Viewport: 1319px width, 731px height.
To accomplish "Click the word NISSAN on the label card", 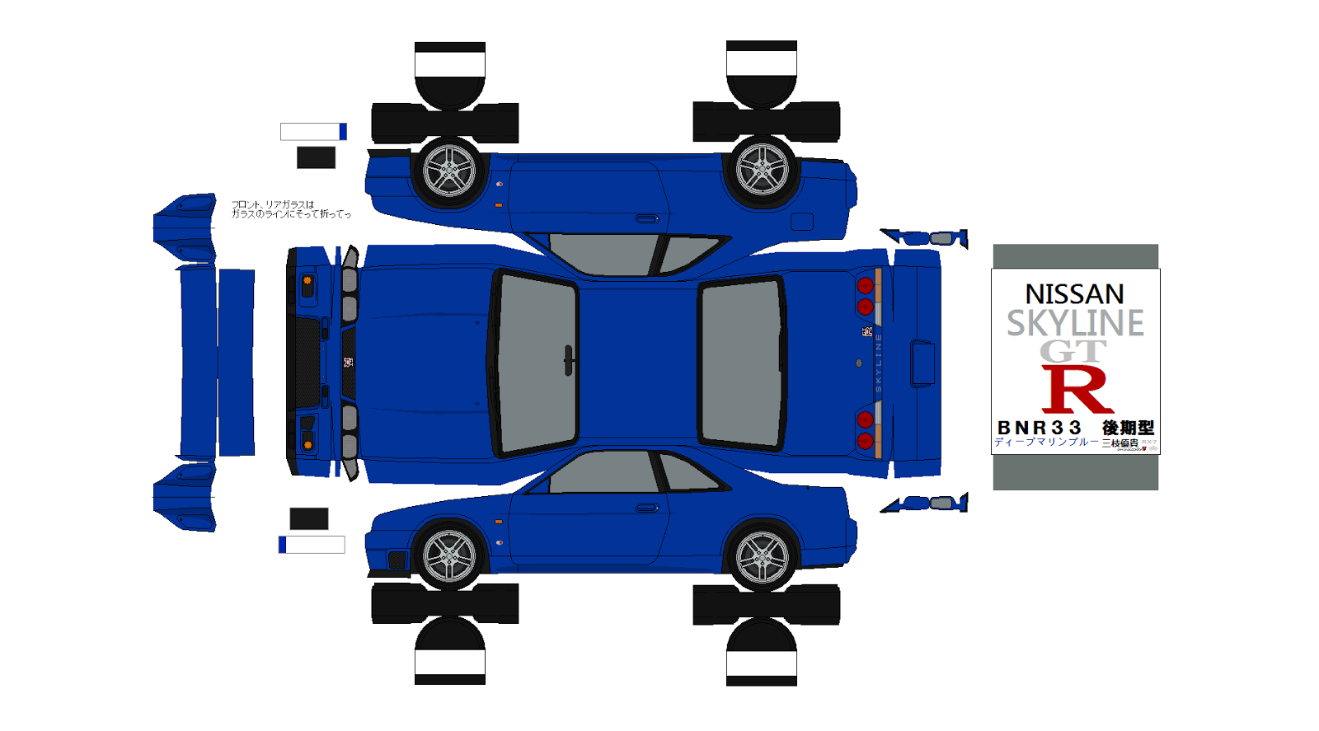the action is pos(1074,294).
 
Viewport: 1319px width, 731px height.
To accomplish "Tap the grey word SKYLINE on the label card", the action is pos(1075,323).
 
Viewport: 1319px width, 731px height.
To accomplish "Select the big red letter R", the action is pos(1077,389).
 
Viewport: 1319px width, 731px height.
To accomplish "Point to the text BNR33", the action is pos(1039,428).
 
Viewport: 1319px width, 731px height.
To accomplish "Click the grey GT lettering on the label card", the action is pos(1073,351).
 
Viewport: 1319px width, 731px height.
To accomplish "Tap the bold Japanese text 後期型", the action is pos(1128,428).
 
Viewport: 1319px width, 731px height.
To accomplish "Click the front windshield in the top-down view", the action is pos(535,363).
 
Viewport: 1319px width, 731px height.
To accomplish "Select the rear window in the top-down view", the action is pos(740,363).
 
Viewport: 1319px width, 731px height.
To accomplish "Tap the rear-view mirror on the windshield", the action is pos(568,360).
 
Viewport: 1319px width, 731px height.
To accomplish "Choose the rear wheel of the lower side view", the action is pos(762,557).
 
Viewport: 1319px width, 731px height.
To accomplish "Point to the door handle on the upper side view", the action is pos(647,218).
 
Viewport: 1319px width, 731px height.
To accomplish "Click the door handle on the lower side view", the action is pos(647,508).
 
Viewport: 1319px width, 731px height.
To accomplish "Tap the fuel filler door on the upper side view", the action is pos(801,221).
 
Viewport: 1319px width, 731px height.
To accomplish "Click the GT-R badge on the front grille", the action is pos(348,362).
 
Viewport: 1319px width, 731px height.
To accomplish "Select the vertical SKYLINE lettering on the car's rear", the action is pos(879,363).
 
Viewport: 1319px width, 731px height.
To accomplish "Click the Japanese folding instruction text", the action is pos(290,209).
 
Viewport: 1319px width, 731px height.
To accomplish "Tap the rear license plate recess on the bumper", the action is pos(922,363).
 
